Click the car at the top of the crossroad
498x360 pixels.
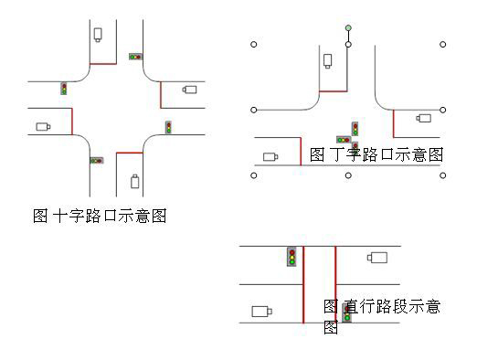[97, 35]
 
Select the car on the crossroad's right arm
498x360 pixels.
[189, 90]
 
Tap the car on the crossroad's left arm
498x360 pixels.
[43, 126]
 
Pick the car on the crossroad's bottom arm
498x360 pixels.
[135, 181]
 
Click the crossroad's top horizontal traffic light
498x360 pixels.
[135, 57]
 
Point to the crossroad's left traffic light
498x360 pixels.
[64, 89]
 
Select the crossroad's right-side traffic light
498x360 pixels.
[169, 127]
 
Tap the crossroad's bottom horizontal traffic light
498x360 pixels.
[96, 161]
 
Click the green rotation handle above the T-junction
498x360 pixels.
[348, 27]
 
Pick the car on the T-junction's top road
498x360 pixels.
[327, 61]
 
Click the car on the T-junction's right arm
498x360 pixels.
[423, 117]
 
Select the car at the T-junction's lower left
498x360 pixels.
[270, 156]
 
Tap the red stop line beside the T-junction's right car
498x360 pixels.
[394, 122]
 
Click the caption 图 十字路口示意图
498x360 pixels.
[99, 217]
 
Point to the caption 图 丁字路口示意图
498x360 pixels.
[376, 155]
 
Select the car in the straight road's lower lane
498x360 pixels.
[260, 311]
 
